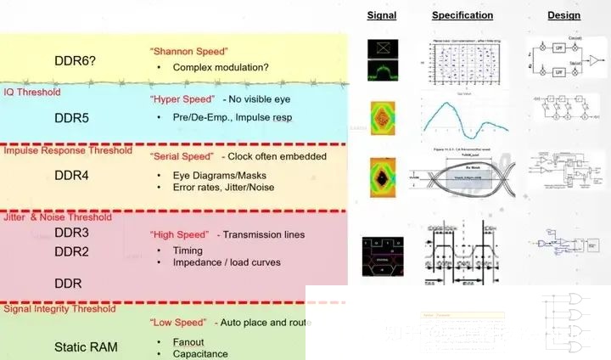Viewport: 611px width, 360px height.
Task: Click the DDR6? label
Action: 76,61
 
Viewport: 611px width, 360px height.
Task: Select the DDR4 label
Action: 71,176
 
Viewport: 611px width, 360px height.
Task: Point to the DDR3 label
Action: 71,233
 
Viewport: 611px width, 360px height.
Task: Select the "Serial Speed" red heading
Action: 182,157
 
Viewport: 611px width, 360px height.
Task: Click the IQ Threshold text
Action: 33,92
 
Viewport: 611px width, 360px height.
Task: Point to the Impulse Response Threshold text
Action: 68,151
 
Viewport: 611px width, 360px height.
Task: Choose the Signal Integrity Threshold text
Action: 59,309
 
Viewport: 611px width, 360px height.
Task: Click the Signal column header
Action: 381,15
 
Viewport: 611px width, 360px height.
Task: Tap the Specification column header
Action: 462,15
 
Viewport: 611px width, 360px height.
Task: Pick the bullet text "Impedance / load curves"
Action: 226,262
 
